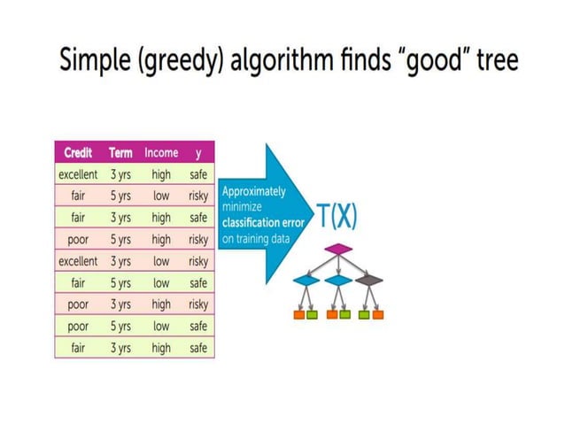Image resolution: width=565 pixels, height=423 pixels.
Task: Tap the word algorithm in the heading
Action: [x=275, y=61]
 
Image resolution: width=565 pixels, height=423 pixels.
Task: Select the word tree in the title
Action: [x=491, y=61]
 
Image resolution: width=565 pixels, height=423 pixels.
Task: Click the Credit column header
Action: [x=78, y=153]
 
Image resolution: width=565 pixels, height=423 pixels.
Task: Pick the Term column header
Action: [x=120, y=153]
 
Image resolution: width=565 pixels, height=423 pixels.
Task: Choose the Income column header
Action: [x=161, y=153]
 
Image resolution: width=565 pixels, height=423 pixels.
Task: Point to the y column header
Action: [x=198, y=153]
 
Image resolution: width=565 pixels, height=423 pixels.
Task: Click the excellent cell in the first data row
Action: [x=78, y=175]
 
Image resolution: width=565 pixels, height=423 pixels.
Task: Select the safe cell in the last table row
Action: [x=198, y=348]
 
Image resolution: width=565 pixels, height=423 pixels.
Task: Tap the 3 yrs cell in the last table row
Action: [x=120, y=348]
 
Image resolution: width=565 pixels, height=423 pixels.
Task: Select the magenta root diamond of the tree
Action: [x=338, y=250]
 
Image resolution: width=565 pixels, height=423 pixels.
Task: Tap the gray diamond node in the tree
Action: [x=369, y=281]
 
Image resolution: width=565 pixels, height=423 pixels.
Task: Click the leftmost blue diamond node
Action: [x=306, y=281]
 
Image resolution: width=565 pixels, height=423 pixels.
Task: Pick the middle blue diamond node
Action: [x=337, y=281]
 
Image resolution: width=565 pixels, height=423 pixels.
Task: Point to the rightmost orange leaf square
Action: [x=378, y=313]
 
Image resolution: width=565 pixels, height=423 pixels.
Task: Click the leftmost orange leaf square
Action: [x=299, y=313]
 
